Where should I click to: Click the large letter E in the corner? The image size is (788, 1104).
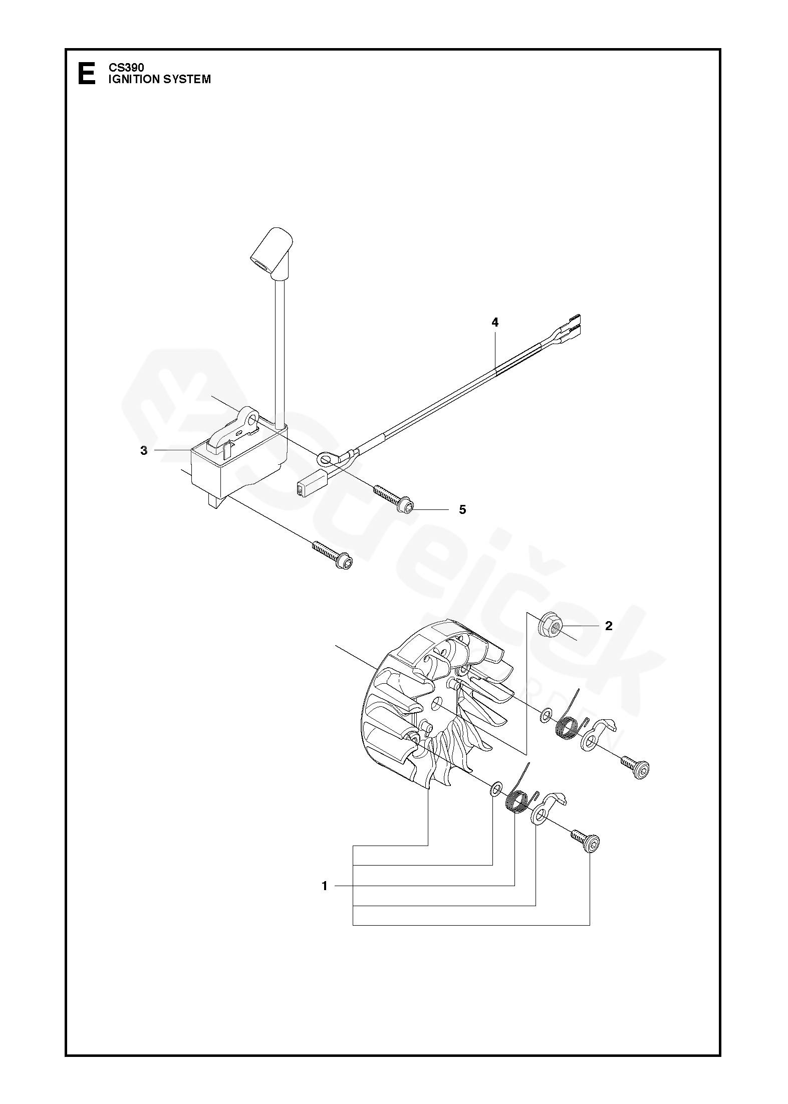pyautogui.click(x=86, y=73)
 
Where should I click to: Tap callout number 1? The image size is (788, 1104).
pyautogui.click(x=325, y=886)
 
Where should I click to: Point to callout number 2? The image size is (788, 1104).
pyautogui.click(x=609, y=626)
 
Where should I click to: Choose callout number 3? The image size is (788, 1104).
pyautogui.click(x=144, y=450)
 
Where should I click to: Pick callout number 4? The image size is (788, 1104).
pyautogui.click(x=495, y=323)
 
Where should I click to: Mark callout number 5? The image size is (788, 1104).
pyautogui.click(x=462, y=509)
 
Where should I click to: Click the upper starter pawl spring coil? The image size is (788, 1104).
pyautogui.click(x=567, y=726)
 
